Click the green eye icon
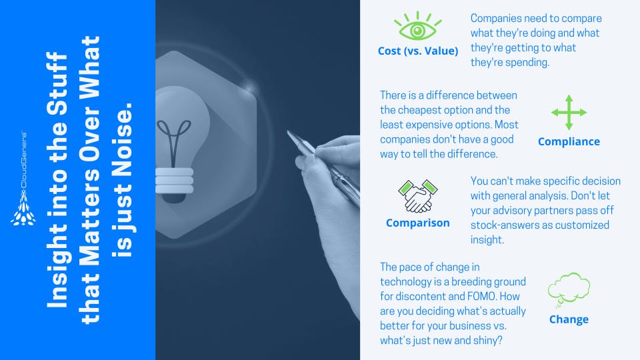[x=417, y=26]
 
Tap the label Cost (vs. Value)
[x=418, y=51]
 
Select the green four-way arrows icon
[x=569, y=112]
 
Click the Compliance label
[x=569, y=141]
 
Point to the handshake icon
[x=417, y=196]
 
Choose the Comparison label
[x=418, y=223]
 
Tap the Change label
[x=569, y=319]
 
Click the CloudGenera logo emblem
[x=23, y=208]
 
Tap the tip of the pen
[x=287, y=131]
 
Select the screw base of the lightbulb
[x=174, y=181]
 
